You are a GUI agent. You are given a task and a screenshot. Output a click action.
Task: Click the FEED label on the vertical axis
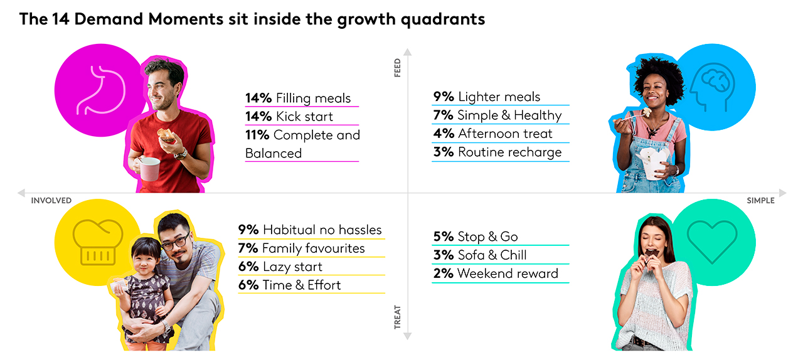coord(397,68)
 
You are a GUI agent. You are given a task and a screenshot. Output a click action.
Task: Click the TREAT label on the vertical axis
coord(397,317)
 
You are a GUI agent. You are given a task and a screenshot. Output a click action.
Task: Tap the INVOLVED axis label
coord(51,201)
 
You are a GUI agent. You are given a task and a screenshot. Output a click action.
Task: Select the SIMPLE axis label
coord(760,201)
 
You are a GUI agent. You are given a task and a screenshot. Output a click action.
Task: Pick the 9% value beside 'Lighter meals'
coord(443,97)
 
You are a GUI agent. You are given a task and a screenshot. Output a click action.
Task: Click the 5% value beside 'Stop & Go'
coord(443,236)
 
